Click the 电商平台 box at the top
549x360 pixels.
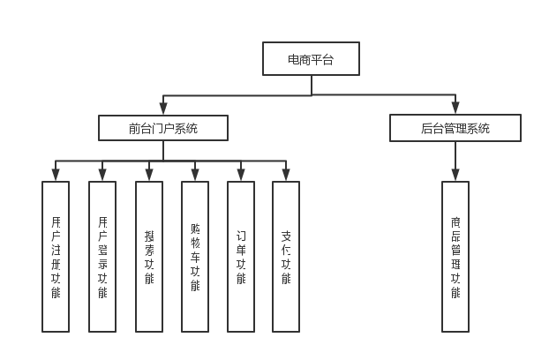(x=311, y=58)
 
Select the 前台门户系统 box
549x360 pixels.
(x=163, y=128)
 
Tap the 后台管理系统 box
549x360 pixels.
(x=455, y=128)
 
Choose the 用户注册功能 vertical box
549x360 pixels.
(x=56, y=256)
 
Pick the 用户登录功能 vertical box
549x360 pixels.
(x=102, y=256)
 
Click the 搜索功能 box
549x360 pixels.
(x=148, y=256)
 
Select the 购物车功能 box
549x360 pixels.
(x=195, y=256)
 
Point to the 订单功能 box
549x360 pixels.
(x=241, y=256)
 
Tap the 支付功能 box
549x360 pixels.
(x=286, y=256)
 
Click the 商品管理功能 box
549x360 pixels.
(x=455, y=256)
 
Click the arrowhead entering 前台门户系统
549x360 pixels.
(x=163, y=109)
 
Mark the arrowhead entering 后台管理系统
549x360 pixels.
(x=455, y=109)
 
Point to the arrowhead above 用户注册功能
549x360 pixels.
(x=56, y=176)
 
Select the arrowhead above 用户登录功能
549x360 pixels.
(x=102, y=176)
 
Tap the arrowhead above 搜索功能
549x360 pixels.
(x=148, y=176)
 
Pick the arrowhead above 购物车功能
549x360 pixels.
(x=195, y=176)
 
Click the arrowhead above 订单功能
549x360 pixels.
(x=241, y=176)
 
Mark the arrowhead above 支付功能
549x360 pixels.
(x=286, y=176)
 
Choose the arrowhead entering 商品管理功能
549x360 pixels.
(x=455, y=176)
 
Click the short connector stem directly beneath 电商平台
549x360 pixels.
(x=311, y=85)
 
